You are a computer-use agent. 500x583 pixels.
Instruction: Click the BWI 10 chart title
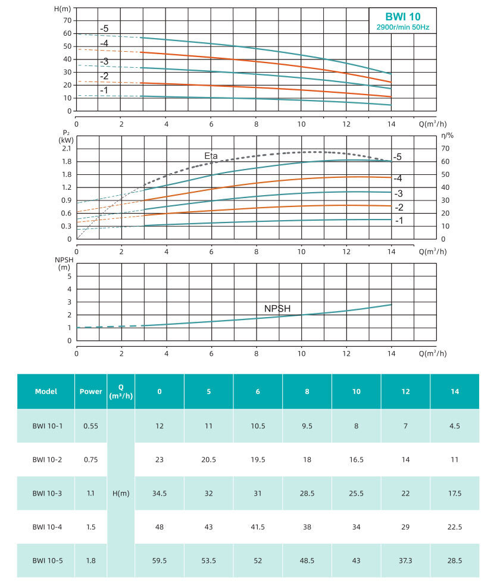coord(402,17)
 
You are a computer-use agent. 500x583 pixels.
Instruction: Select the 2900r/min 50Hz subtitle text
coord(403,28)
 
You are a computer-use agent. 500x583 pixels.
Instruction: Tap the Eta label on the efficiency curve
coord(211,156)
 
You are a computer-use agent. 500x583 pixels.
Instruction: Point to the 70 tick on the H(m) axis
coord(68,20)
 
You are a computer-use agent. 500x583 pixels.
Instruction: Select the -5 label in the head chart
coord(104,29)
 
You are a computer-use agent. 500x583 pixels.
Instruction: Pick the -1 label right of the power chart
coord(400,220)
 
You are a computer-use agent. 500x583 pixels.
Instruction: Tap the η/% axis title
coord(448,136)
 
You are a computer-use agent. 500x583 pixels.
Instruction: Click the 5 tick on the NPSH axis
coord(69,276)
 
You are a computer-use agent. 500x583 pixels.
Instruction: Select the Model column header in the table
coord(46,391)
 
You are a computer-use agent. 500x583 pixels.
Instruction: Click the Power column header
coord(91,391)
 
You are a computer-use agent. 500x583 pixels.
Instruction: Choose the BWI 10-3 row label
coord(46,493)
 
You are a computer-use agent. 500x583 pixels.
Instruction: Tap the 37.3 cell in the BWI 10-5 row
coord(405,560)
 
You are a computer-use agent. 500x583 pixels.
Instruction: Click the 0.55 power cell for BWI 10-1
coord(91,426)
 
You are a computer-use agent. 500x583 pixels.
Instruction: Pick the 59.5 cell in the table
coord(160,560)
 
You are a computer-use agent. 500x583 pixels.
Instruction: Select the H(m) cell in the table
coord(121,493)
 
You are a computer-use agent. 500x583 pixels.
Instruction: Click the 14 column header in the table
coord(454,391)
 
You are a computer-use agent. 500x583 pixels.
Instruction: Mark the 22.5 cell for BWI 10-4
coord(454,526)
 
